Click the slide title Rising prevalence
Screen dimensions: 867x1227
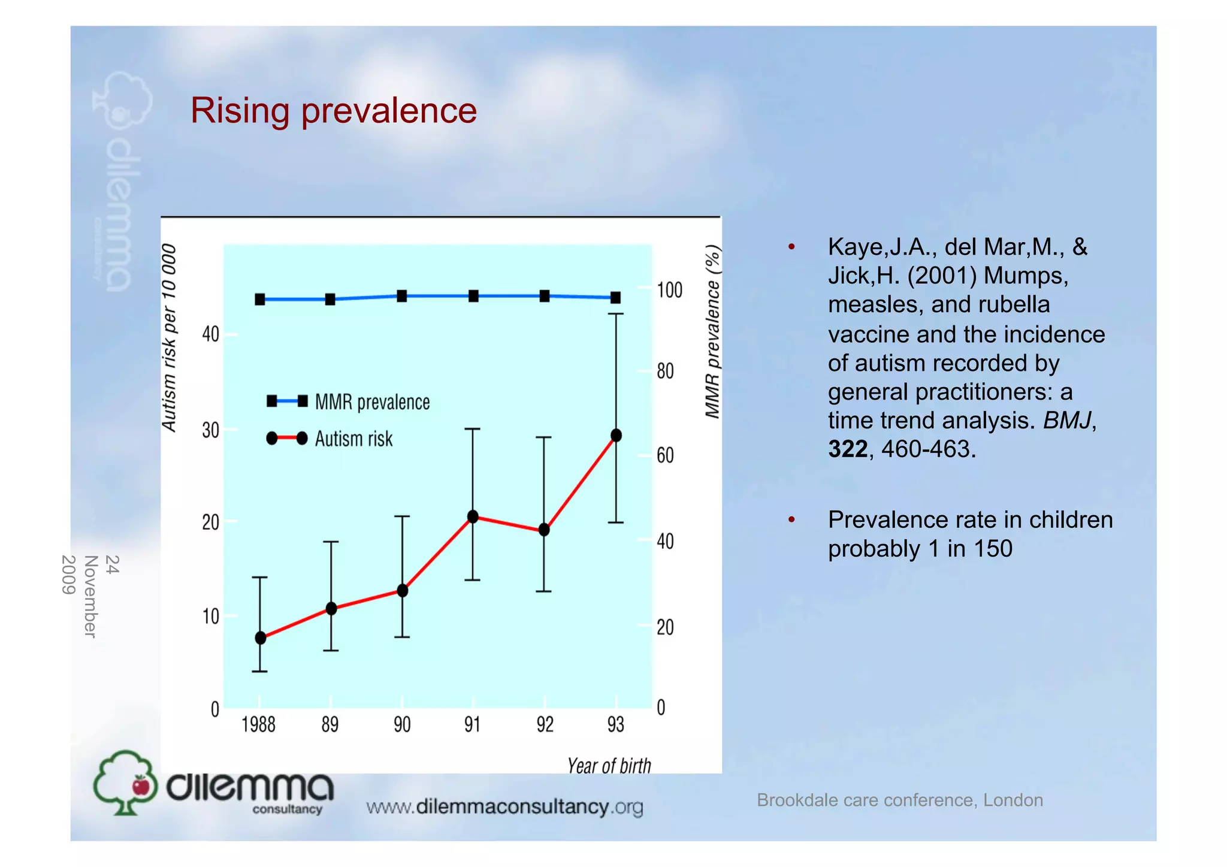point(333,111)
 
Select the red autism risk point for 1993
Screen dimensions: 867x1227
point(616,436)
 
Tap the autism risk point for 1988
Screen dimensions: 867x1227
point(260,638)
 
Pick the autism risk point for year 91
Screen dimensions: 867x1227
point(473,516)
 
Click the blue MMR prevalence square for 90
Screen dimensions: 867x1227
point(402,296)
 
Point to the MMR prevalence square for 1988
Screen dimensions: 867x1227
point(260,300)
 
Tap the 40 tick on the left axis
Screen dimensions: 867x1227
point(211,334)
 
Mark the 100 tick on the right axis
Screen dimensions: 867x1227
point(669,291)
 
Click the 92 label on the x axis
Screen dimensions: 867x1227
point(545,725)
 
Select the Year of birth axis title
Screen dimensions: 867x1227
point(609,766)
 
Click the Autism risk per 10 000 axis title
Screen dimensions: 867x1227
point(170,337)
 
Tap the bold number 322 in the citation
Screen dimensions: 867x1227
point(847,449)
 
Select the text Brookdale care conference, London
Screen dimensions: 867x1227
point(899,800)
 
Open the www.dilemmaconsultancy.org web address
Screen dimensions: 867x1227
point(504,807)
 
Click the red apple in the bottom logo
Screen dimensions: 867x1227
point(141,785)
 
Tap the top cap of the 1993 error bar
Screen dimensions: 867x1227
point(616,313)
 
